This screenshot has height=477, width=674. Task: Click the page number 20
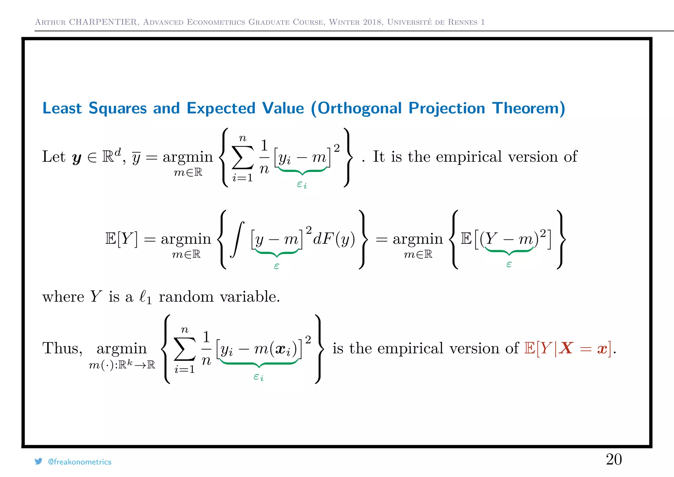(x=614, y=459)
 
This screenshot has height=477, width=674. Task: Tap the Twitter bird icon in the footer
(x=39, y=461)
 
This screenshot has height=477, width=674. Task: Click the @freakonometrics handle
(x=80, y=462)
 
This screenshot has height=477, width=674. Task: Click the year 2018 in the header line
(x=372, y=22)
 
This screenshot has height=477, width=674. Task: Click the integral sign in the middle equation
(x=237, y=239)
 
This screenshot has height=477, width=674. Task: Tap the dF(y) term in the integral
(x=334, y=238)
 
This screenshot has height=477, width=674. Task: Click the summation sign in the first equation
(x=243, y=157)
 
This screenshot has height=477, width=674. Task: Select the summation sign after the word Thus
(x=185, y=349)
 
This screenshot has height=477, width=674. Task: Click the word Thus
(x=62, y=348)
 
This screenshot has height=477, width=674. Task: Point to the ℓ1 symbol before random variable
(x=145, y=297)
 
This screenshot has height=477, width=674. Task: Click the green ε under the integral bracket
(x=276, y=266)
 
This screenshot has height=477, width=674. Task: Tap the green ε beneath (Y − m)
(x=509, y=264)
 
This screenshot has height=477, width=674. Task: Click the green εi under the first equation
(x=301, y=184)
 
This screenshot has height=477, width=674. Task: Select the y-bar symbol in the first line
(x=136, y=157)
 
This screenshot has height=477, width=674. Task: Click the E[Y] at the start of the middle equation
(x=121, y=238)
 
